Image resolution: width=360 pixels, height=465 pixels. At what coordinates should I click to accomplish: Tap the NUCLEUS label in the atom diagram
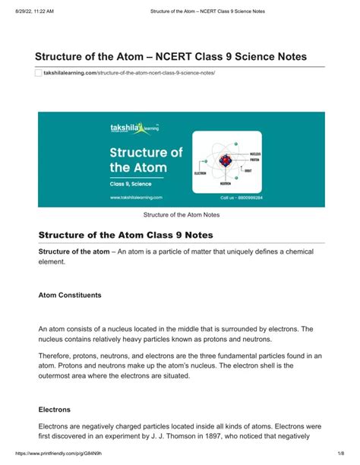click(x=256, y=153)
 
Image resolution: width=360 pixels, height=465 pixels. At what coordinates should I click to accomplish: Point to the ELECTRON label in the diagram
click(x=201, y=172)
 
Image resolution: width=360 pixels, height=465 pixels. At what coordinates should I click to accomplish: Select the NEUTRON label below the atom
click(x=226, y=183)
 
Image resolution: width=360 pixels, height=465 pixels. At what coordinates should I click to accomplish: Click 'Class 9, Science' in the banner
click(x=120, y=184)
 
